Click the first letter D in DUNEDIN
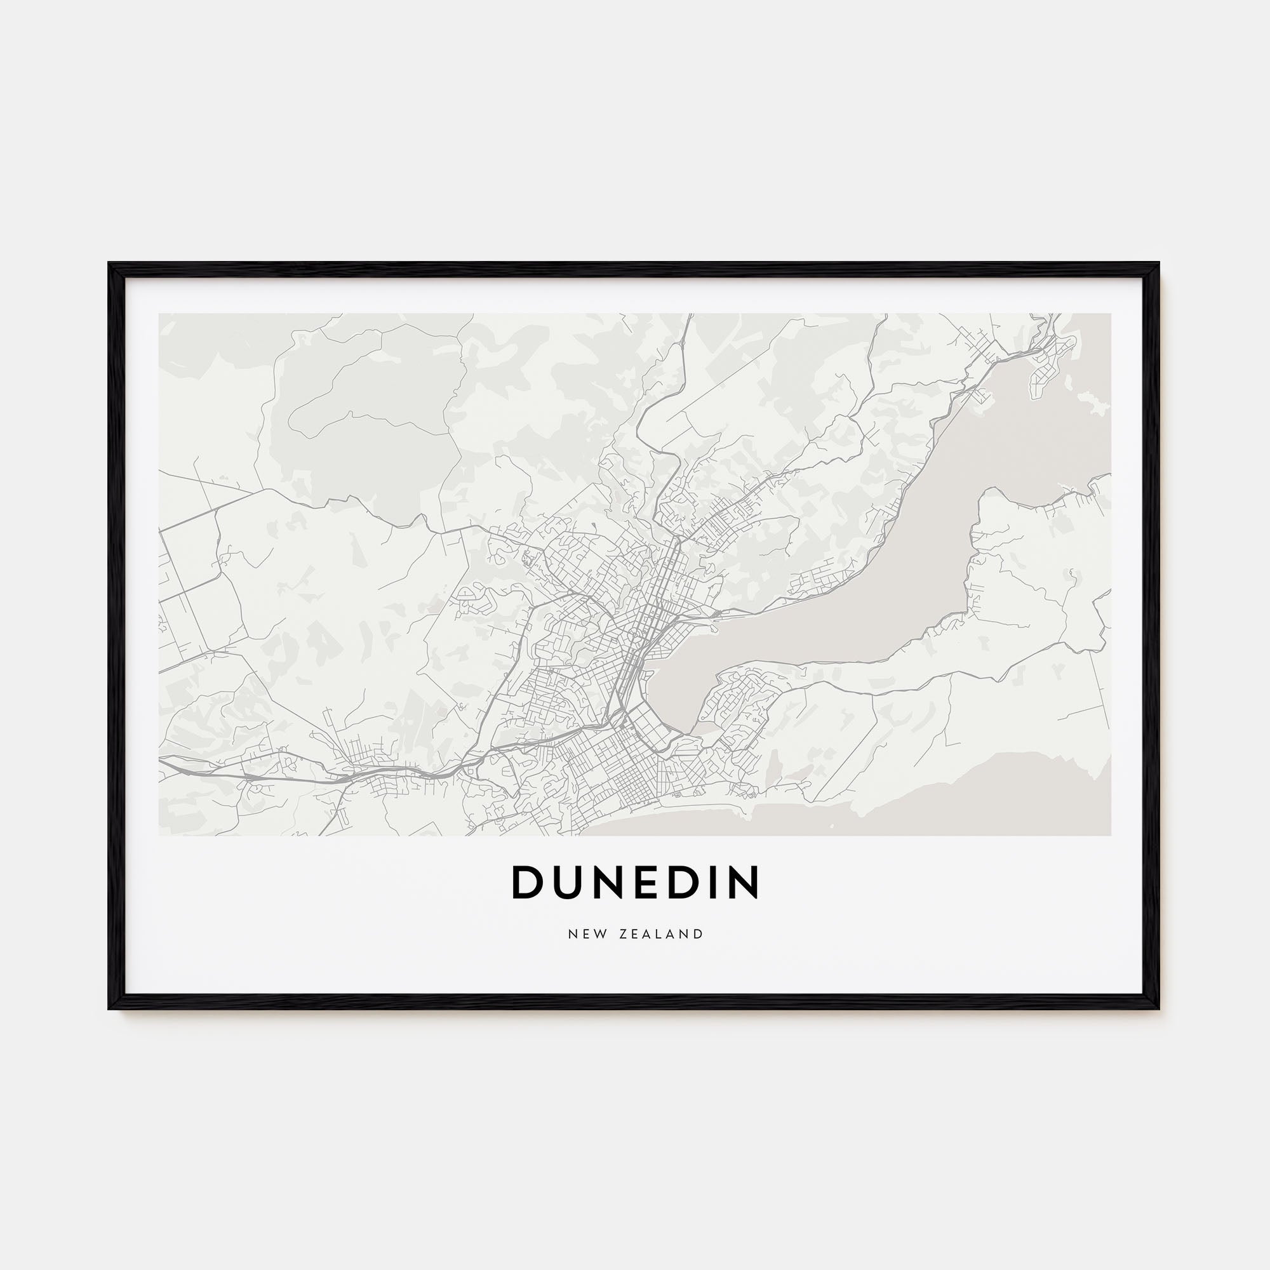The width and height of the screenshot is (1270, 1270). click(x=525, y=882)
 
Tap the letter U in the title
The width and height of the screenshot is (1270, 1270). click(x=566, y=882)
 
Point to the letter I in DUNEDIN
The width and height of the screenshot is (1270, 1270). click(x=714, y=882)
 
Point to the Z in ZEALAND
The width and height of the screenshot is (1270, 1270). click(x=622, y=934)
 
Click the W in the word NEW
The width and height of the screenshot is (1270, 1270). click(x=599, y=934)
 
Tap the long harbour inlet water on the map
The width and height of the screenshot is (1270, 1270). click(x=855, y=592)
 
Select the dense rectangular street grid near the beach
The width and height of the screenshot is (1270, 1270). click(x=618, y=776)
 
